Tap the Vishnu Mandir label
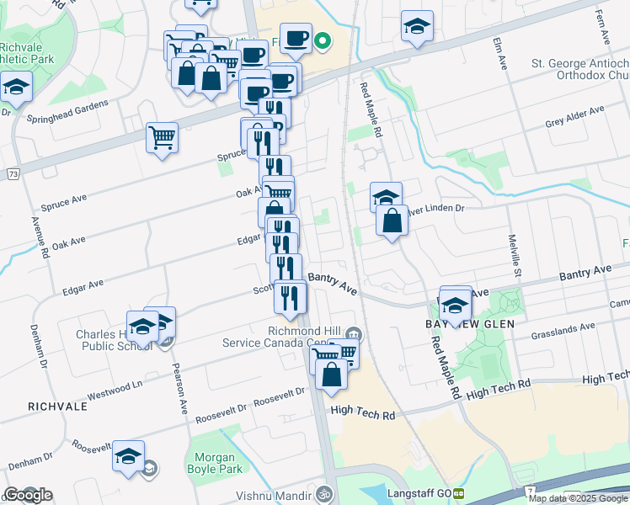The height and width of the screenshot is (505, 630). point(270,494)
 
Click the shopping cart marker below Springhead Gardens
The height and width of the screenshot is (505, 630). point(162,136)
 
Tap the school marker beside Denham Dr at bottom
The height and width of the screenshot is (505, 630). point(128,456)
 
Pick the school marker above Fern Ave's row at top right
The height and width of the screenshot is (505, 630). point(416,27)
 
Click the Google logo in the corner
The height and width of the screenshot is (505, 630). point(28,494)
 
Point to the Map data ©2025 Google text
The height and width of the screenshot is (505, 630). point(578,497)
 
